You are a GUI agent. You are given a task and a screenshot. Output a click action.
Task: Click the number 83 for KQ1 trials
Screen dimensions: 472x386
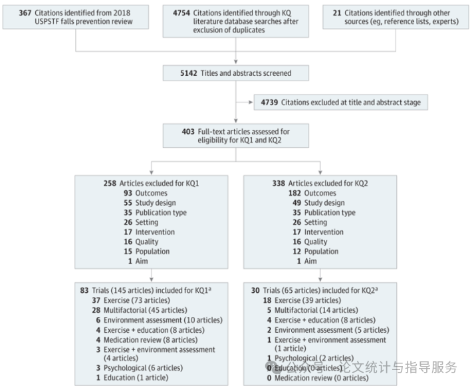click(84, 290)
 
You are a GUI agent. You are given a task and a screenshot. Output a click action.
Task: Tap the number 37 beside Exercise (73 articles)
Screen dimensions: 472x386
click(98, 300)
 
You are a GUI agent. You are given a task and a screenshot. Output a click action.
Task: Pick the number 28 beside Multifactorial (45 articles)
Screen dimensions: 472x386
click(98, 309)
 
